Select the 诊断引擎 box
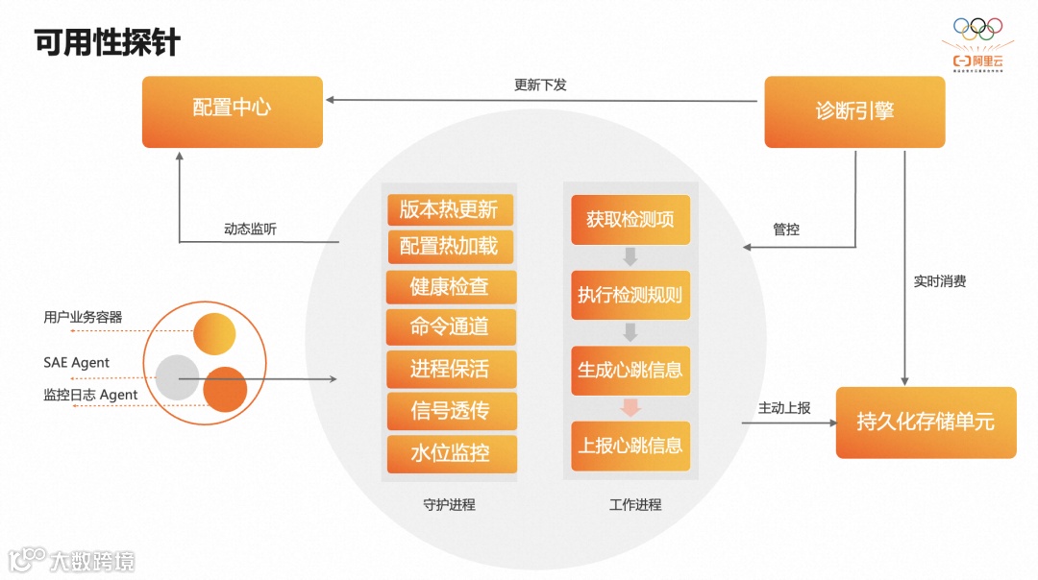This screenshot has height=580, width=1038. point(854,111)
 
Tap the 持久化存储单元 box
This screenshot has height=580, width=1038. point(926,422)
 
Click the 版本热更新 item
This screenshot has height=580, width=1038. point(450,209)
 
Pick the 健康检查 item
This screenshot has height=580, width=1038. point(450,286)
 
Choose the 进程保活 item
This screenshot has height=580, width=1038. point(450,369)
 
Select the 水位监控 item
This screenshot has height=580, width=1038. point(450,453)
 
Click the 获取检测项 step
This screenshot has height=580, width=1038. point(630,219)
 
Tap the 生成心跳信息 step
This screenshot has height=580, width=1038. point(630,370)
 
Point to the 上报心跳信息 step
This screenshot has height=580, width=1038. point(630,446)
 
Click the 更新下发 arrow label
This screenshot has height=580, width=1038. point(540,85)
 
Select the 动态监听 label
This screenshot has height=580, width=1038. point(251,229)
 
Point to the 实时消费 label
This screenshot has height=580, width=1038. point(940,281)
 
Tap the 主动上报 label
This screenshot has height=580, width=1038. point(784,407)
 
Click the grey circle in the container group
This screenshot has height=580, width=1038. point(177,377)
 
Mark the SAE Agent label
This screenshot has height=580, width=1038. point(77,363)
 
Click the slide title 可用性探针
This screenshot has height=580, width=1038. point(108,42)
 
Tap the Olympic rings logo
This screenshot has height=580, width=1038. point(977,30)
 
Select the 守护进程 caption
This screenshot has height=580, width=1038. point(449,504)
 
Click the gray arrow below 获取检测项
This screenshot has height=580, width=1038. point(630,256)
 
